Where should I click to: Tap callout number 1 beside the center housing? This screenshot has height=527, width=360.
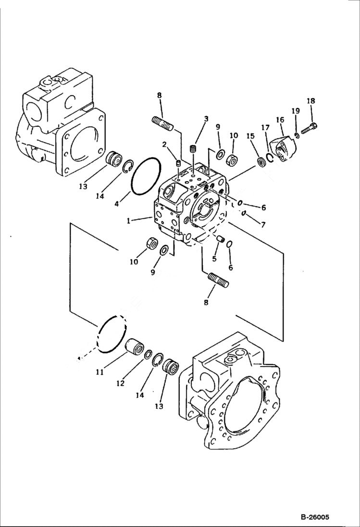click(129, 221)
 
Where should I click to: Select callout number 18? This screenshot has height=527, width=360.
click(311, 101)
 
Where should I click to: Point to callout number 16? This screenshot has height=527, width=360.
click(280, 120)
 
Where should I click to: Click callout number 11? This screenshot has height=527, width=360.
click(99, 372)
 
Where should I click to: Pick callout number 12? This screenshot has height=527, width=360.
click(120, 383)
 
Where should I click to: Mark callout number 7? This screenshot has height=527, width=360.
click(263, 225)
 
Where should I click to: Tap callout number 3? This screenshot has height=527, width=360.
click(206, 118)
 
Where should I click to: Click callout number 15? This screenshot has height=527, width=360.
click(250, 136)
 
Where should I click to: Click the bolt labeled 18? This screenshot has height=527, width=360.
click(310, 128)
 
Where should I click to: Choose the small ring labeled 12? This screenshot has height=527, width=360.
click(148, 354)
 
